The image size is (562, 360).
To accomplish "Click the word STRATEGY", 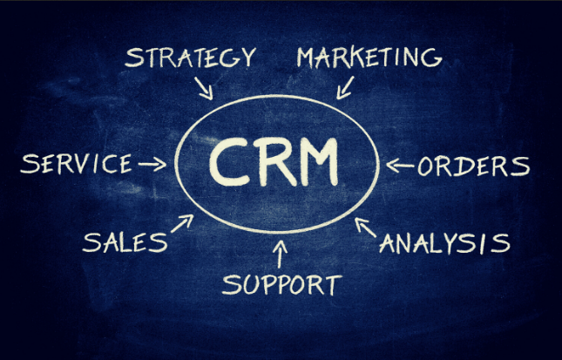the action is [190, 58].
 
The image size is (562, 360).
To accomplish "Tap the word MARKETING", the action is [369, 57].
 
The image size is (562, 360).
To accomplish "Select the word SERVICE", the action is [77, 164].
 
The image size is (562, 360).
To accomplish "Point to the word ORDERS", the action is [473, 166].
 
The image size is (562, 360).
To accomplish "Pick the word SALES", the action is [125, 242].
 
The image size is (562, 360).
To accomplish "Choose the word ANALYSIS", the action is [444, 243].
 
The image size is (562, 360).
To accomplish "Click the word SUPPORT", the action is [282, 285].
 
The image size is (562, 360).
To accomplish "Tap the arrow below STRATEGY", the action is [204, 88].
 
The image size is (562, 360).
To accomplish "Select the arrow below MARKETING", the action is [345, 87].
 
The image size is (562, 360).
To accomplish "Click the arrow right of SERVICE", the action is [152, 164].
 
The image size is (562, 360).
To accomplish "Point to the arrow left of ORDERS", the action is [400, 166].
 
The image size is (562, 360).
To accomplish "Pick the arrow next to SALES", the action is [182, 223].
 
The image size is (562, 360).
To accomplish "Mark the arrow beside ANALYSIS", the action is [365, 227].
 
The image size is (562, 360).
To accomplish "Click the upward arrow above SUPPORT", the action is [280, 254].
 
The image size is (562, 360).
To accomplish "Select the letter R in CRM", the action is [275, 162].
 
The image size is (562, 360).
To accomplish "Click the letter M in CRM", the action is [320, 162].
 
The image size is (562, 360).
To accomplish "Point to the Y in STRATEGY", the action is [247, 58].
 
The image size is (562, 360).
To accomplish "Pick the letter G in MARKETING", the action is [431, 58].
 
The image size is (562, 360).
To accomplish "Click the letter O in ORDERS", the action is [425, 167].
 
